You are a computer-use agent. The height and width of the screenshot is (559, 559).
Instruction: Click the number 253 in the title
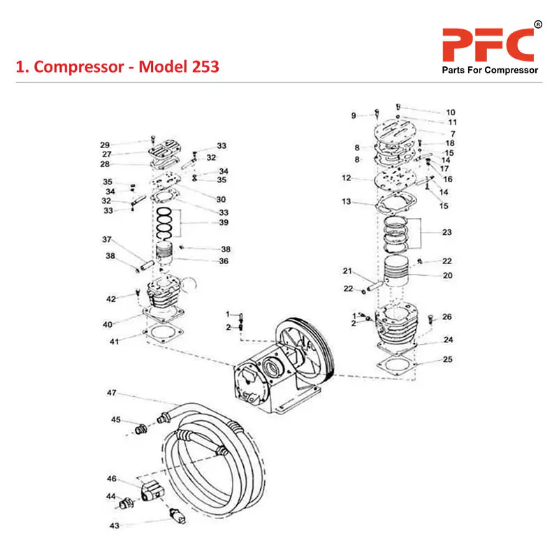201,67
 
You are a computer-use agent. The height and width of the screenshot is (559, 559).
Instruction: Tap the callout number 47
111,393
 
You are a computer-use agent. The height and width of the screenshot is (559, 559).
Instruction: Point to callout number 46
111,479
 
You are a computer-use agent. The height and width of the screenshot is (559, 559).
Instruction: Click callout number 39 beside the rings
224,222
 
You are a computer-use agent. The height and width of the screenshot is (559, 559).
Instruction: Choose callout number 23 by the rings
447,232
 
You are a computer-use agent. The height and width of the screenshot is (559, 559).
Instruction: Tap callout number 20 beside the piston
447,275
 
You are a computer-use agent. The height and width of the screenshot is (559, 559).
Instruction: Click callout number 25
447,360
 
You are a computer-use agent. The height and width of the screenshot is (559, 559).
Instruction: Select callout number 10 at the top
451,112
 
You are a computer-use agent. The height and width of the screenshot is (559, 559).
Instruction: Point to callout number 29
105,145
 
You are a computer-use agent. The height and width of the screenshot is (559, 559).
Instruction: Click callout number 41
113,342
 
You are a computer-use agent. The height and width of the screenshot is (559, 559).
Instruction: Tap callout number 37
107,240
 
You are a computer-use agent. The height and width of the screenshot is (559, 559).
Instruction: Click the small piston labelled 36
165,254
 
